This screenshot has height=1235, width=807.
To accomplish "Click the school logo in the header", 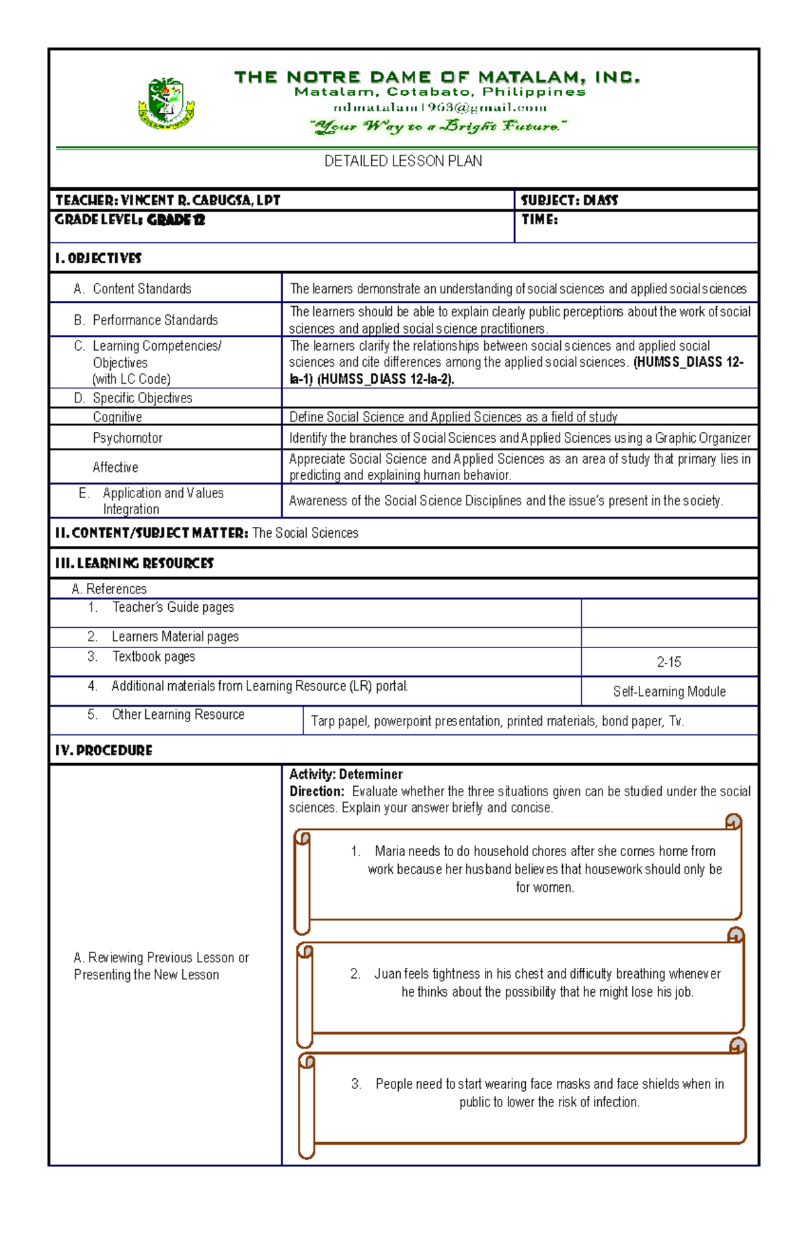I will [x=166, y=104].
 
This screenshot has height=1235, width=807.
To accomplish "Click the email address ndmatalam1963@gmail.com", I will [x=440, y=108].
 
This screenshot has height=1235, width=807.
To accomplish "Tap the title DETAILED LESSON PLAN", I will [x=403, y=162].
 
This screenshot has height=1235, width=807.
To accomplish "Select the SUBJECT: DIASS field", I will [x=569, y=201].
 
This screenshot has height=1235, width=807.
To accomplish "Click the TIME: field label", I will [x=539, y=219].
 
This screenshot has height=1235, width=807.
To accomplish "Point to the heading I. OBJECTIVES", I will [x=98, y=258].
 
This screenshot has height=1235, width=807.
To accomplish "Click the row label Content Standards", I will [x=142, y=289].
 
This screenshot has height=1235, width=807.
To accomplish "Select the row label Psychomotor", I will [x=128, y=438].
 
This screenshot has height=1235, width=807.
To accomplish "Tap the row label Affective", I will [x=116, y=467].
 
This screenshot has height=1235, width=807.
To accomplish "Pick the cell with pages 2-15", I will [x=668, y=662].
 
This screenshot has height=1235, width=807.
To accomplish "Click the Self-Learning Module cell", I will [x=669, y=692].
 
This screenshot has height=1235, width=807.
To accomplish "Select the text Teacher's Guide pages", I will [x=173, y=608].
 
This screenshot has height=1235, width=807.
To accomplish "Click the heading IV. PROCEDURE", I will [x=104, y=750].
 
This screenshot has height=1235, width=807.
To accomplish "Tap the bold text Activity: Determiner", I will [x=346, y=775].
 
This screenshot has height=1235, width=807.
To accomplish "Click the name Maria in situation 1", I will [x=390, y=851].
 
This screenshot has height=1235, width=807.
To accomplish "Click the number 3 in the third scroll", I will [x=356, y=1084].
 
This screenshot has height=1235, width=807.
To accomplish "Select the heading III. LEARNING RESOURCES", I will [x=134, y=563].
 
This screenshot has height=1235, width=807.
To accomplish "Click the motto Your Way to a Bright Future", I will [x=438, y=127].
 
